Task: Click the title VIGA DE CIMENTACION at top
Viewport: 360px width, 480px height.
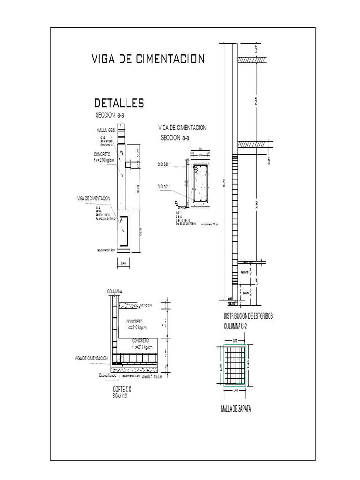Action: click(x=148, y=59)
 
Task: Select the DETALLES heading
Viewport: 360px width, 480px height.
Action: click(x=119, y=103)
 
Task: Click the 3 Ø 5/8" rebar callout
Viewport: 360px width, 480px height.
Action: click(x=164, y=165)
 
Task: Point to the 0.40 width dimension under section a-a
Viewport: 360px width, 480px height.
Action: click(x=123, y=263)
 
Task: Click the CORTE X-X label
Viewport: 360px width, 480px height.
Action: click(x=122, y=390)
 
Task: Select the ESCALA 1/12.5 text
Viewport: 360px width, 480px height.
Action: click(x=120, y=396)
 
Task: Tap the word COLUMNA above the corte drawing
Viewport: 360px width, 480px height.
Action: click(x=115, y=292)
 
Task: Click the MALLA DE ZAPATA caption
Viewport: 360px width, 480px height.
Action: click(x=236, y=410)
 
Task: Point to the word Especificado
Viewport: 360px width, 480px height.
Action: click(x=109, y=375)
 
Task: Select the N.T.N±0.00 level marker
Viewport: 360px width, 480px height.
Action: click(x=148, y=306)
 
